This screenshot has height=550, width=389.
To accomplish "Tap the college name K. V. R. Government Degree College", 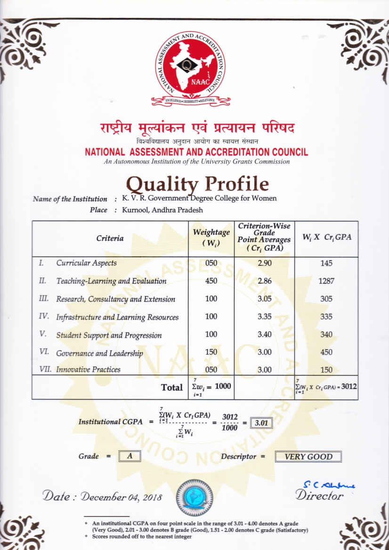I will coord(199,198).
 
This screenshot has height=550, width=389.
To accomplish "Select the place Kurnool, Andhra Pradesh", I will coord(162,210).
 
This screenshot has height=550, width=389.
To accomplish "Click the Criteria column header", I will coord(110,238).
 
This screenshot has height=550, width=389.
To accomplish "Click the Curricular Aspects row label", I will coord(86,263).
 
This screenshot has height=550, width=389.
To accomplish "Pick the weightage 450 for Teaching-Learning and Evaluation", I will coord(211,281).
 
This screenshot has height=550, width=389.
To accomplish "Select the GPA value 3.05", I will coord(266,299).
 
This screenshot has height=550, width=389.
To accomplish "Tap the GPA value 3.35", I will coord(266,317).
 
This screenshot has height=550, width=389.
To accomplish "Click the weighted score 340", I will coord(326,335).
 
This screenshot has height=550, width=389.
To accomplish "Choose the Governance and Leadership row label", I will coord(99,353).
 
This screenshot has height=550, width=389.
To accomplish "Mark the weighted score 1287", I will coord(326,281).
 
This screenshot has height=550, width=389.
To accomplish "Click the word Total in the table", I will coord(171,388).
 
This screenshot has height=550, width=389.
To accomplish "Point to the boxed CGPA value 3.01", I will coord(260,422).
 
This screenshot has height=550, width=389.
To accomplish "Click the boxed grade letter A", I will coord(130,456).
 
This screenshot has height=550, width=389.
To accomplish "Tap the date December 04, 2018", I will coord(102,496).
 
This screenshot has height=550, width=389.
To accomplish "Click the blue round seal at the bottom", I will coord(194,497).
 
